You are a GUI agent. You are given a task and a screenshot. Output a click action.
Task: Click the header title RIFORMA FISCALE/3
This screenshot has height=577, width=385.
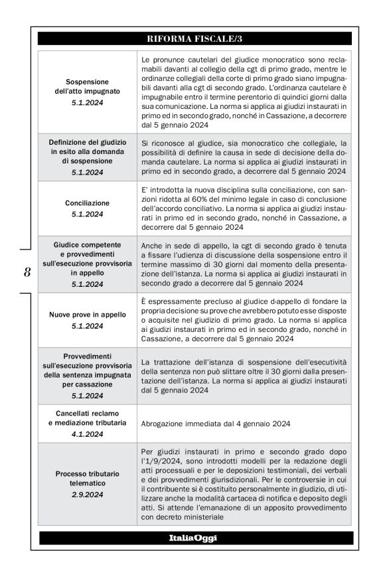pos(195,39)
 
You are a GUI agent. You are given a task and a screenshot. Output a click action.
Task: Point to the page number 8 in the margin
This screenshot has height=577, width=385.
pos(27,273)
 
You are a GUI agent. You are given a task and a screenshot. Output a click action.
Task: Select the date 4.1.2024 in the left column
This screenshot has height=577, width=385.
pos(87,434)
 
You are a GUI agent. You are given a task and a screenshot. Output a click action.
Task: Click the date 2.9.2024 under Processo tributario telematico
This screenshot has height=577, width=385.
pos(87,495)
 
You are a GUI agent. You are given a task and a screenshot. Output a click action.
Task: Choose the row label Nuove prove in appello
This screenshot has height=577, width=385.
pos(87,315)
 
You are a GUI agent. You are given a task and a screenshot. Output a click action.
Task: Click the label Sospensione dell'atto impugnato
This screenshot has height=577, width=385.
pos(87,86)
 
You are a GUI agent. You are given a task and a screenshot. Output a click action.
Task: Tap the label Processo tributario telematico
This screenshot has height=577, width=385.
pos(87,478)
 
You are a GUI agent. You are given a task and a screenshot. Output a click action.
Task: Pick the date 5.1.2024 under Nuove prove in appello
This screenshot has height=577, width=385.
pos(87,326)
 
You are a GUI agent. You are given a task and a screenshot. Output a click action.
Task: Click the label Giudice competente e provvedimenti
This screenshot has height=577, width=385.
pos(87,250)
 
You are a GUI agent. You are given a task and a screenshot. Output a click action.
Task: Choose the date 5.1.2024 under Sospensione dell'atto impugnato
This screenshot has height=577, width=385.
pos(87,103)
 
